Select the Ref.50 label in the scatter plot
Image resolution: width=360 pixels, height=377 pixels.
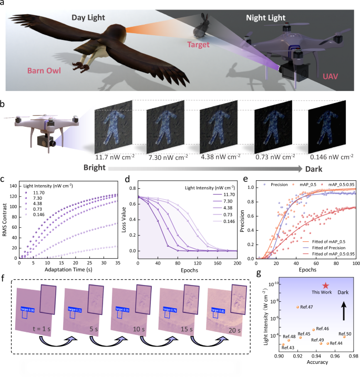(x=345, y=333)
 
